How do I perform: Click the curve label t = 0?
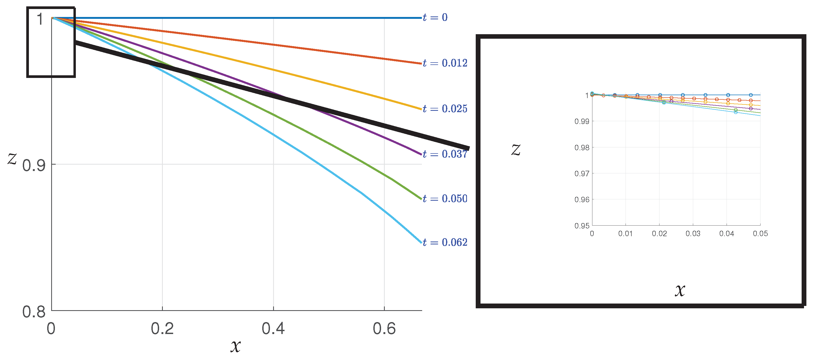tap(435, 17)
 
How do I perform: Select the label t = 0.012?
tap(445, 63)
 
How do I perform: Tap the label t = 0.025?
tap(445, 109)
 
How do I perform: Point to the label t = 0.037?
tap(445, 154)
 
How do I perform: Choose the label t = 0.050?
tap(445, 199)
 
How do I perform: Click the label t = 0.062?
tap(445, 243)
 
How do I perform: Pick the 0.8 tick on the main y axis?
tap(34, 312)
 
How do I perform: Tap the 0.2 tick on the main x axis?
tap(162, 329)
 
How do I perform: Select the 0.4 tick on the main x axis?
tap(273, 329)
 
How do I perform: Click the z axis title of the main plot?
tap(12, 158)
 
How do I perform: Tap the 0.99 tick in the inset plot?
tap(582, 121)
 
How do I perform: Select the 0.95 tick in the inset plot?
tap(582, 226)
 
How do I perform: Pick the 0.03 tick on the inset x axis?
tap(693, 234)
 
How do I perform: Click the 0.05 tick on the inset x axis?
tap(760, 234)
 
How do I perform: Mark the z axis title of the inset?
tap(516, 150)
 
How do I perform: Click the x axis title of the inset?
tap(680, 290)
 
